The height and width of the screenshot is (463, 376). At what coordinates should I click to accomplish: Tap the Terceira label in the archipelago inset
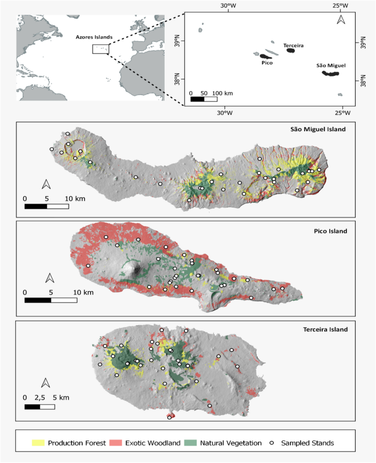[293, 45]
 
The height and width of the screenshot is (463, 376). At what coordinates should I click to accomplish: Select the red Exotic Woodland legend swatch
[116, 443]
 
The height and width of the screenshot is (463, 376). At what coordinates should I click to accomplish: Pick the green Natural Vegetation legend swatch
[190, 443]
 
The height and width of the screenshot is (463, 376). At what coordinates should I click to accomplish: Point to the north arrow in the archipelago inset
[340, 20]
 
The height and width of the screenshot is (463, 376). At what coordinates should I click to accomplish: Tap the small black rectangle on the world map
[100, 49]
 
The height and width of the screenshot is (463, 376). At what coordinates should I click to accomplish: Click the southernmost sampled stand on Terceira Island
[169, 417]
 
